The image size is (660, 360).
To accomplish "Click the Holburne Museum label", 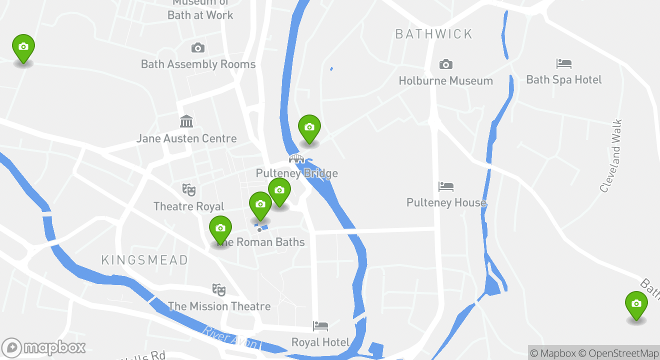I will tap(445, 80).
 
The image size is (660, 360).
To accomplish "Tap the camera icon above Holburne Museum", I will tap(445, 64).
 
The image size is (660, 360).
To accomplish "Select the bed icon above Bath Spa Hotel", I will tap(564, 64).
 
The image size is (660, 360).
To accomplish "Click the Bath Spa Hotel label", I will tap(564, 79).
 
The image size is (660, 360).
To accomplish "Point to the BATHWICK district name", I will tap(433, 34).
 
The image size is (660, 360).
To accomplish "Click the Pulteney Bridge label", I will tap(297, 173).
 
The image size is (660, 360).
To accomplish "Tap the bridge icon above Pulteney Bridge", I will tap(296, 159).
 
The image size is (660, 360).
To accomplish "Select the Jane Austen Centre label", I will tap(186, 138).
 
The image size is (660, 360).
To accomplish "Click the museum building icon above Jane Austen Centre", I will tap(186, 121).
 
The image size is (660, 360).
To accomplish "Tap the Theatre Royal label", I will tap(189, 206).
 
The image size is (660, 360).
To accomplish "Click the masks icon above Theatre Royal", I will tap(189, 190).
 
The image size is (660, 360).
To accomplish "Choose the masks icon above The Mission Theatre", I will tap(218, 289).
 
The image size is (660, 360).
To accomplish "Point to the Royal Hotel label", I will tap(320, 342).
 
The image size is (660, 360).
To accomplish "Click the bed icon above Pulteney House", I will tap(446, 187).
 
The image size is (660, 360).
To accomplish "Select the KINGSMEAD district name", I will tap(145, 260).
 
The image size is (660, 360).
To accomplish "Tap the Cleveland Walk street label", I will tap(611, 155).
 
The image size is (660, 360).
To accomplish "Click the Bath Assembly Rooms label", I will tap(198, 64).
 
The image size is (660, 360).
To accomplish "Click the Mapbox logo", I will tap(43, 347).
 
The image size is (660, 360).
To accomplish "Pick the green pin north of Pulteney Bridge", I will tap(309, 128).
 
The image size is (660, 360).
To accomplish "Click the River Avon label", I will tap(230, 337).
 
